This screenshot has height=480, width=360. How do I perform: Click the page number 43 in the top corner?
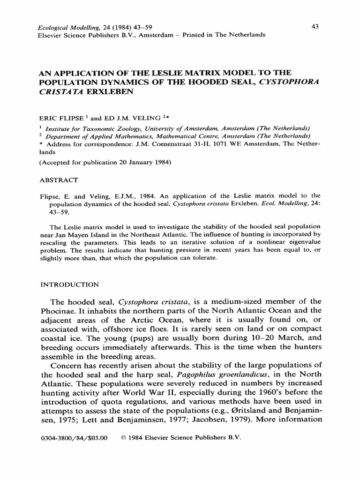[x=315, y=27]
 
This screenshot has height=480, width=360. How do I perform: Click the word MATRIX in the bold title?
[x=187, y=73]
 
